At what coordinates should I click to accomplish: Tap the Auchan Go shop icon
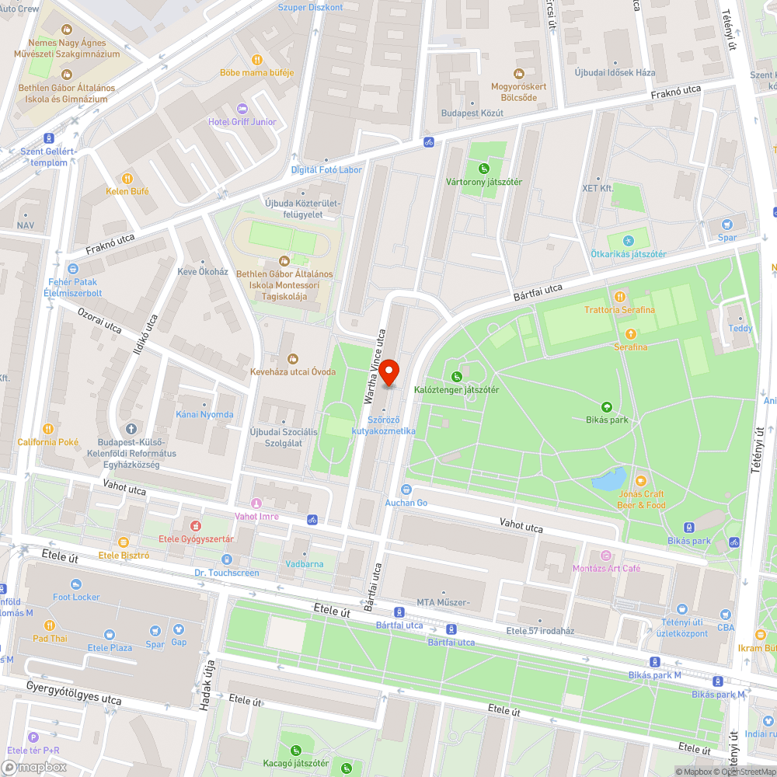coord(406,489)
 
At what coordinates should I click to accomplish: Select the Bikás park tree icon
coord(606,406)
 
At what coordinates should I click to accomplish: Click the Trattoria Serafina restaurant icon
coord(619,296)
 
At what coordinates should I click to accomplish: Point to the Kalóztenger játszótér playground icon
coord(457,376)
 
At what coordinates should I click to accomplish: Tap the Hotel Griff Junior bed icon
coord(242,108)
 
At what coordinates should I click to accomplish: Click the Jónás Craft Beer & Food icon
coord(641,481)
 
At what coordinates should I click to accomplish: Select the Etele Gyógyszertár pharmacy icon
coord(197,525)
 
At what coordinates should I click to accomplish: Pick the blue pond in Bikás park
coord(608,478)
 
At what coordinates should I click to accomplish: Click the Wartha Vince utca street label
coord(375,367)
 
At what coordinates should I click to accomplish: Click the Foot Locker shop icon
coord(76,584)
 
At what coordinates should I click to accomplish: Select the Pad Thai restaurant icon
coord(50,625)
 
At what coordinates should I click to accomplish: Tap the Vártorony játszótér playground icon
coord(484,168)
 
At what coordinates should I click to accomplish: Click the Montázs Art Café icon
coord(606,555)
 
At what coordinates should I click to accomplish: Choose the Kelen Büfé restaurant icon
coord(128,178)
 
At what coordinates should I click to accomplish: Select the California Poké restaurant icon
coord(48,429)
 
